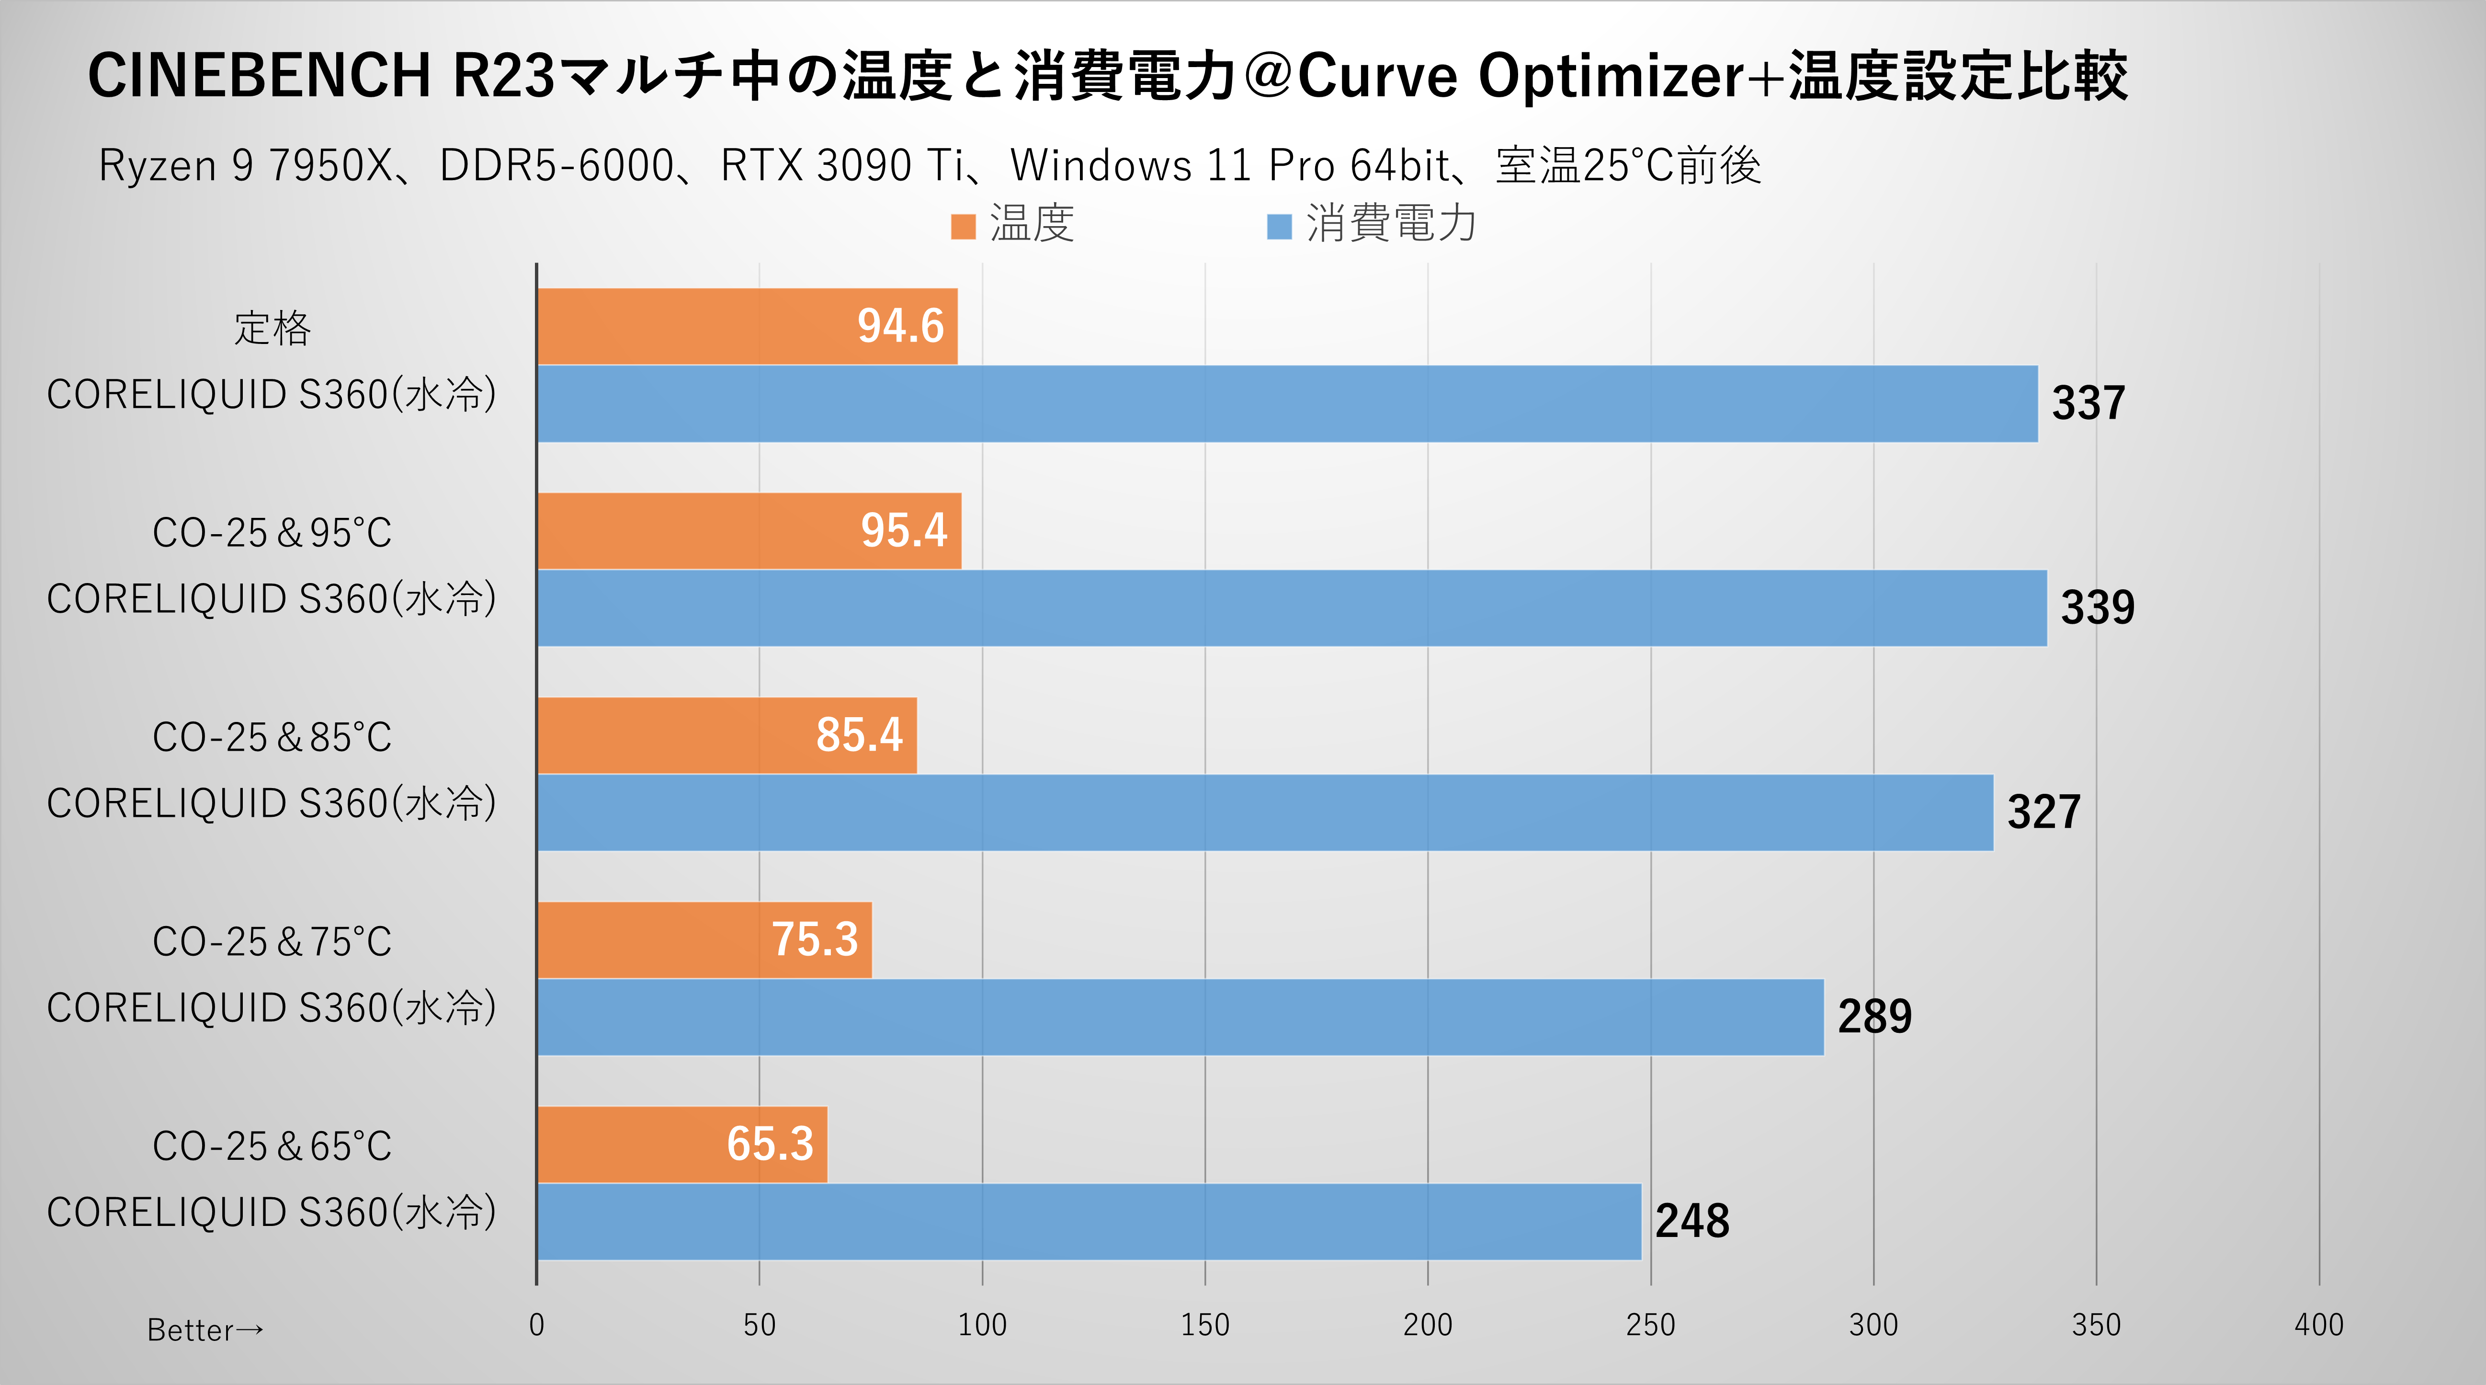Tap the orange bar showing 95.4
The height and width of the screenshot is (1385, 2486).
coord(749,531)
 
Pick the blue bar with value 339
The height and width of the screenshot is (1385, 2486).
coord(1291,608)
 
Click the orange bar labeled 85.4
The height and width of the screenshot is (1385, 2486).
coord(727,735)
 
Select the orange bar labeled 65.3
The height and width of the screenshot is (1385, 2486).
coord(681,1145)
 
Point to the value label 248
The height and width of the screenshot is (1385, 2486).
coord(1692,1221)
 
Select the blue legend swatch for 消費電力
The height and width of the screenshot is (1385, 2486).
coord(1279,227)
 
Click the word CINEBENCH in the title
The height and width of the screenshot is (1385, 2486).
coord(259,75)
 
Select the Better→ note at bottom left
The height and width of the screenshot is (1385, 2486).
coord(204,1330)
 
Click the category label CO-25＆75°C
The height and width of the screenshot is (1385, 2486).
coord(272,942)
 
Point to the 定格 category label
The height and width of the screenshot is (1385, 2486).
coord(272,328)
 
